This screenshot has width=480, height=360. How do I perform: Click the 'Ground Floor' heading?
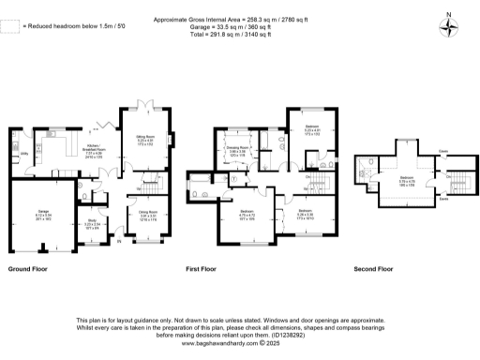(29, 268)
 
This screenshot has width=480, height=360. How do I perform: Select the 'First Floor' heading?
(201, 268)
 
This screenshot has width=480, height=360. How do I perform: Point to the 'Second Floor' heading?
(372, 268)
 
